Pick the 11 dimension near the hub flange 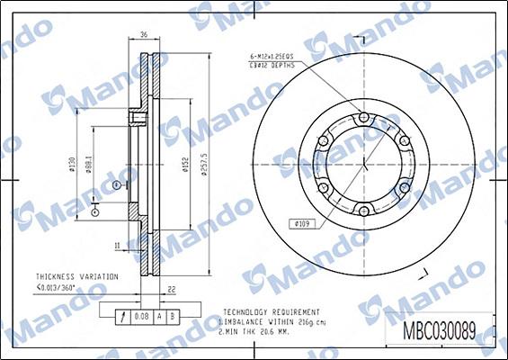[117, 244]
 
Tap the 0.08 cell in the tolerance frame [140, 316]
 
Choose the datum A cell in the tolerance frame [159, 316]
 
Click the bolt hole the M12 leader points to [362, 118]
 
